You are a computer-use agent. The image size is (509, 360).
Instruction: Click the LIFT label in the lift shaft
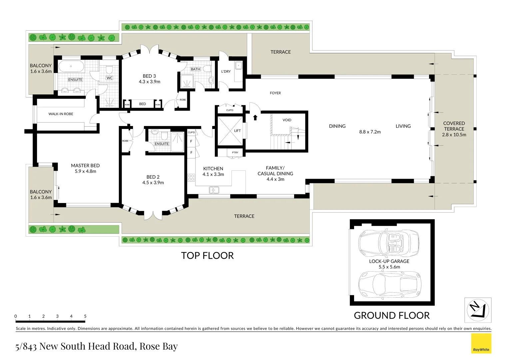[237, 131]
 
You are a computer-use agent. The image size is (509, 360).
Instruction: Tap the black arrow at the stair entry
[255, 117]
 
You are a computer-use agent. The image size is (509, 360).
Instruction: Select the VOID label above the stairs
[287, 120]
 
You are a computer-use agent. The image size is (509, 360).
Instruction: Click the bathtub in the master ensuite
[71, 66]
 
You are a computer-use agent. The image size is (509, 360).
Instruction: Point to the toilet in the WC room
[109, 70]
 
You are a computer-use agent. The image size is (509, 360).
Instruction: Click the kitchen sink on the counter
[214, 190]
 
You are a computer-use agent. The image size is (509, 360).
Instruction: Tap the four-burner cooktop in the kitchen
[191, 177]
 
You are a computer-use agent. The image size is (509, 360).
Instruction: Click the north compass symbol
[478, 310]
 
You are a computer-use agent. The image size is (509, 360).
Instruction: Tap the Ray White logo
[481, 344]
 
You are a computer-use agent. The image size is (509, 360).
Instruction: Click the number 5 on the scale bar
[85, 316]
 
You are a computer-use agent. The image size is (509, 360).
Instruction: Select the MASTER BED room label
[85, 166]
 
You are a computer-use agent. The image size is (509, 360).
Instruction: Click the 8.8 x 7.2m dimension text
[370, 132]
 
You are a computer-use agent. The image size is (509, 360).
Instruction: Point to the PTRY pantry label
[235, 153]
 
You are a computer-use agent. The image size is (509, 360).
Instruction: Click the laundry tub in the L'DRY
[239, 66]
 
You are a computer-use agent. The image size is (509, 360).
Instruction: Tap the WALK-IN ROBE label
[61, 114]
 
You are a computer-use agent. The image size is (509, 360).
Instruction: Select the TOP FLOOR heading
[207, 256]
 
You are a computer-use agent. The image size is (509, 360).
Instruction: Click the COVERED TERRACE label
[454, 126]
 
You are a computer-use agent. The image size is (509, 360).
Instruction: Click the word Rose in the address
[149, 346]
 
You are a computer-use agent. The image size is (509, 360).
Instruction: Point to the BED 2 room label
[153, 177]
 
